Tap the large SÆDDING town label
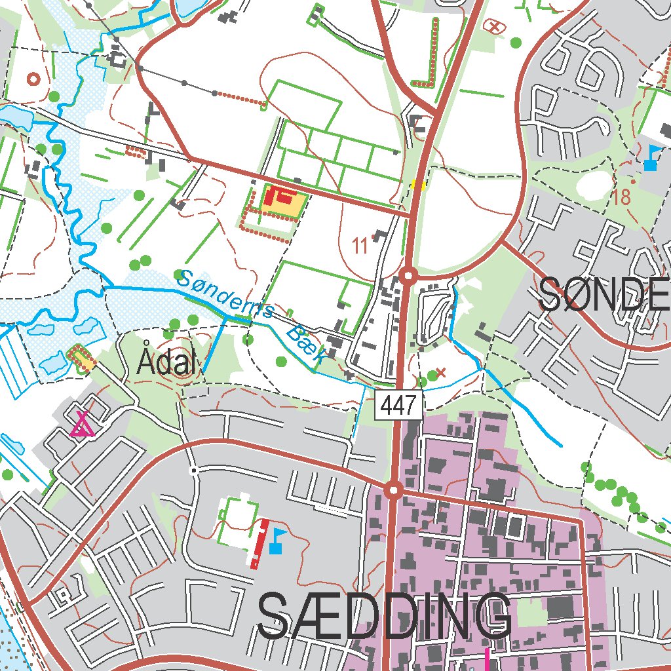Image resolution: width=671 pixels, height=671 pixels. (x=385, y=617)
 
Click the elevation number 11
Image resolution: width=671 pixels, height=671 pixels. (x=360, y=246)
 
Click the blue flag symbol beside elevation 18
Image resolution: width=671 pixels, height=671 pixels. (x=651, y=158)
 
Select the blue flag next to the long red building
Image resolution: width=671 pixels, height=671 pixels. (x=277, y=541)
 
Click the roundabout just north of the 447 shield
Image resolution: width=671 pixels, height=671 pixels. (x=409, y=275)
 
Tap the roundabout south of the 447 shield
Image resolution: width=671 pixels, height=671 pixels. (x=393, y=489)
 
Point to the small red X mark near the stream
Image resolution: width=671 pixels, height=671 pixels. (x=441, y=373)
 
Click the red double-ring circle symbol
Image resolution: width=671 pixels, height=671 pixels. (x=33, y=79)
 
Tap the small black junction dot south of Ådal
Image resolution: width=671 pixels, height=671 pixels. (x=193, y=470)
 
